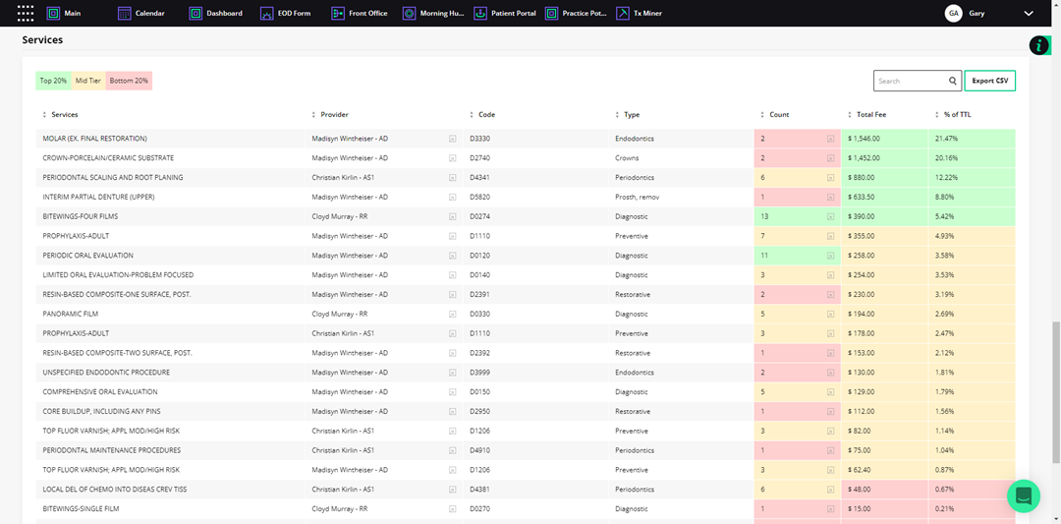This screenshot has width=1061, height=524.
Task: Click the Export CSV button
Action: (x=989, y=81)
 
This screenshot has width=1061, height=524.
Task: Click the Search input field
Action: (x=910, y=81)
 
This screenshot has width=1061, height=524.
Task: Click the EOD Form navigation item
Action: (x=286, y=14)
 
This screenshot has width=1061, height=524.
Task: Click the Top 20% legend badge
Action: (x=53, y=81)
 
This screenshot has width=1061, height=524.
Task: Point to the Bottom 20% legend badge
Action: (x=129, y=81)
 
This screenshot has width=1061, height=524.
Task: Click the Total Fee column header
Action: (x=871, y=115)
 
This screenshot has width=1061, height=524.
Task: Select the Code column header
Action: (x=486, y=115)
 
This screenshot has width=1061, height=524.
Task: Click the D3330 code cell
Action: (x=479, y=139)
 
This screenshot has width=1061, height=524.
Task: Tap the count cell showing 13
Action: (x=764, y=216)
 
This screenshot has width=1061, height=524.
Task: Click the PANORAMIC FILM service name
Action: (x=71, y=314)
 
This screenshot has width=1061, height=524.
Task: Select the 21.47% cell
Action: (x=947, y=139)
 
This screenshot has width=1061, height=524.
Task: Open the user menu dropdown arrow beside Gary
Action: (x=1029, y=14)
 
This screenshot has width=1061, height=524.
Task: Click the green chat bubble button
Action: (x=1023, y=495)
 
